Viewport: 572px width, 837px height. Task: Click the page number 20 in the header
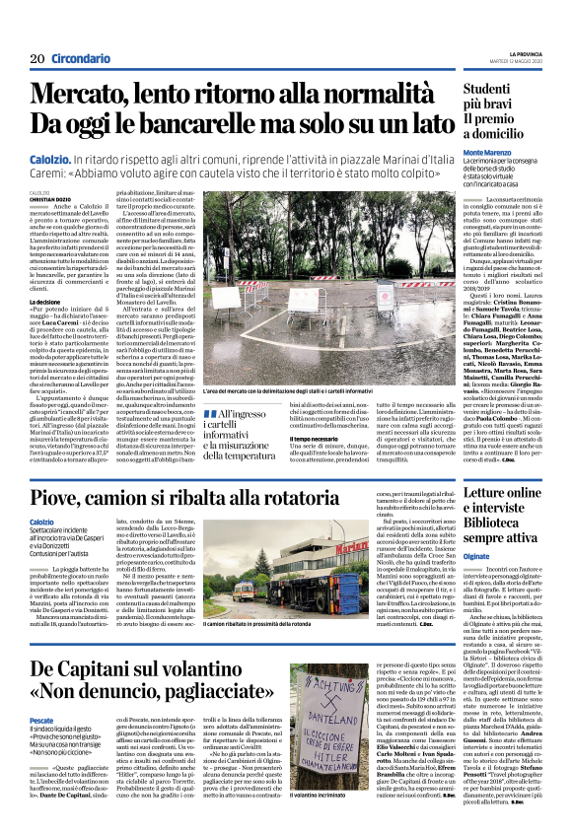point(38,59)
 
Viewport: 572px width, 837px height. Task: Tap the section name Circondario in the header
point(81,59)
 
